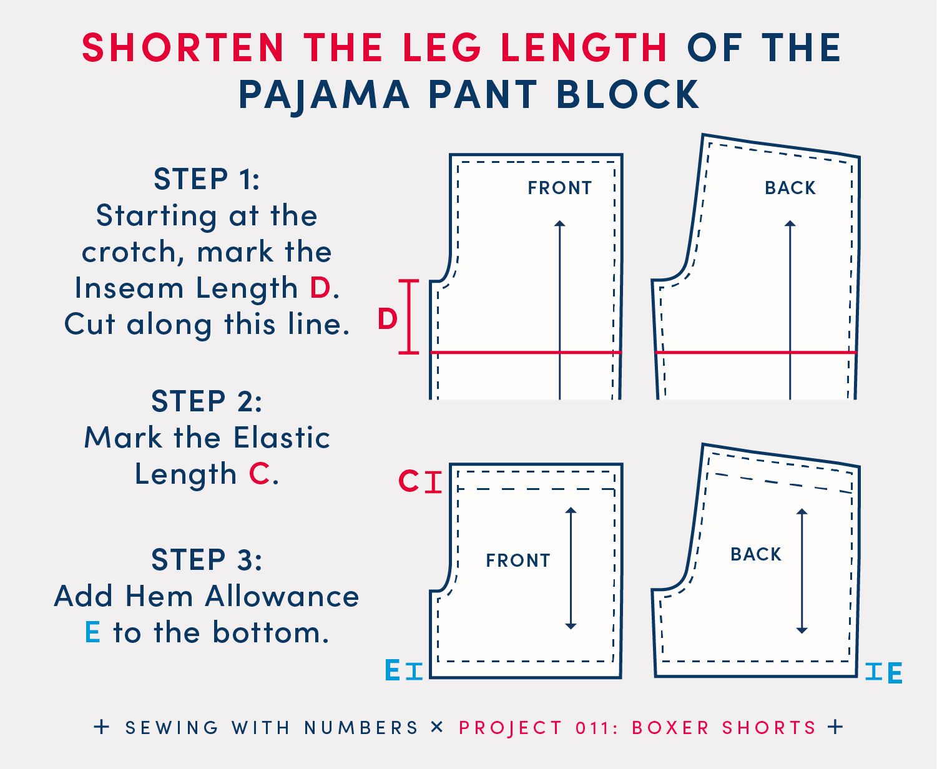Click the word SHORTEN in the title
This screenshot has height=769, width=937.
pyautogui.click(x=183, y=47)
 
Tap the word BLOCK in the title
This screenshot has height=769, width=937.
pyautogui.click(x=628, y=94)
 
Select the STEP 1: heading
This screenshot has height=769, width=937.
pyautogui.click(x=207, y=179)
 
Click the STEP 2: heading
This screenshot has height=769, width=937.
pyautogui.click(x=207, y=401)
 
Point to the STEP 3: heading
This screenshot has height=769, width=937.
pyautogui.click(x=207, y=559)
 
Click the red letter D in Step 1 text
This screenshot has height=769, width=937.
pyautogui.click(x=320, y=288)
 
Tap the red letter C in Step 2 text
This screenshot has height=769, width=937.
pyautogui.click(x=260, y=474)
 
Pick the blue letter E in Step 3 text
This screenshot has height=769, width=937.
pyautogui.click(x=92, y=632)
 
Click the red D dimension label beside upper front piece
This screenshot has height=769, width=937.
pyautogui.click(x=387, y=318)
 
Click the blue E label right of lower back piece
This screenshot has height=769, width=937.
pyautogui.click(x=895, y=673)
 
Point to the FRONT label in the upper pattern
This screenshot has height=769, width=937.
pyautogui.click(x=560, y=188)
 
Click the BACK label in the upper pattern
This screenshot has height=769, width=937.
pyautogui.click(x=790, y=188)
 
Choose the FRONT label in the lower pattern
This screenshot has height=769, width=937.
pyautogui.click(x=518, y=560)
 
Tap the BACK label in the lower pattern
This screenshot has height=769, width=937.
pyautogui.click(x=756, y=554)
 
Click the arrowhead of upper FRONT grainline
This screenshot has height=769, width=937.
pyautogui.click(x=560, y=223)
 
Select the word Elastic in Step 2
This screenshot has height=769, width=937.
pyautogui.click(x=282, y=438)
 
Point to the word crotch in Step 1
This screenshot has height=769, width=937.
pyautogui.click(x=132, y=252)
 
